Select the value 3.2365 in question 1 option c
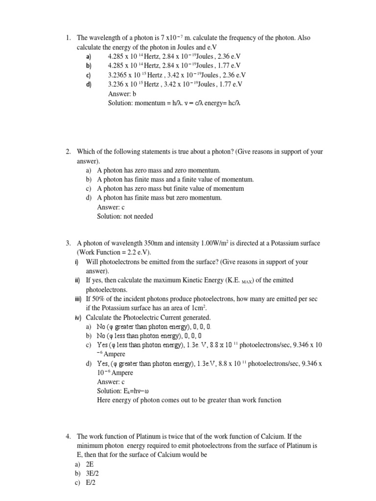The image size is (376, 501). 119,75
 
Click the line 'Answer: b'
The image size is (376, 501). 122,93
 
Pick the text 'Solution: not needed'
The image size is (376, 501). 125,216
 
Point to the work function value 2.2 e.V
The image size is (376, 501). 137,252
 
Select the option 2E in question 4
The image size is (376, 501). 90,464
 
